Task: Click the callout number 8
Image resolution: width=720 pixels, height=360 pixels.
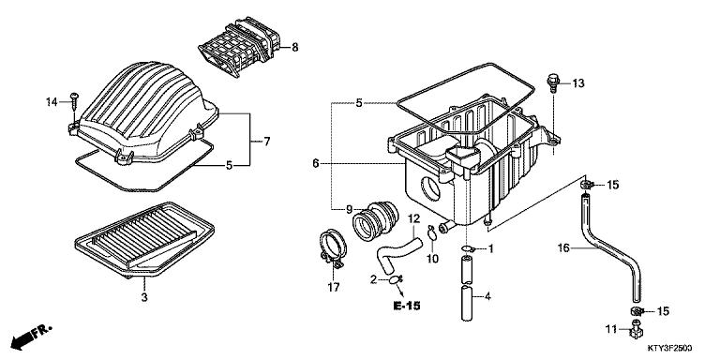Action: click(294, 47)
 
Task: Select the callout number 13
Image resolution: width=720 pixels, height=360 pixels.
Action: click(578, 84)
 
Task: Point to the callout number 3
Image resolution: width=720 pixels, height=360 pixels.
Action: click(143, 297)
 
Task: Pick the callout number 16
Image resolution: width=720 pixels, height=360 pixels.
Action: click(564, 248)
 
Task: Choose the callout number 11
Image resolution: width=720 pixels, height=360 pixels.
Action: click(610, 330)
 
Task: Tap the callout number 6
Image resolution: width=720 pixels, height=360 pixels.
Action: click(316, 163)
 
